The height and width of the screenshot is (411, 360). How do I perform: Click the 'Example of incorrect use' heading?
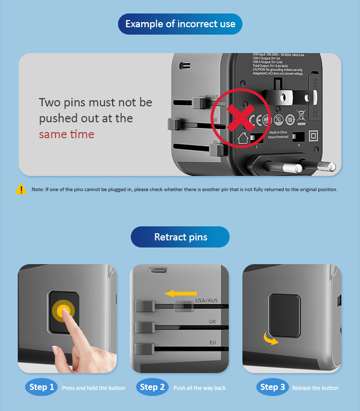point(180,24)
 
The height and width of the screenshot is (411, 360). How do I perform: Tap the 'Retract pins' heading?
point(180,237)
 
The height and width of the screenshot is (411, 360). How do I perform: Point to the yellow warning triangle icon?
point(21,189)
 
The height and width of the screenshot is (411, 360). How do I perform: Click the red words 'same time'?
point(67,134)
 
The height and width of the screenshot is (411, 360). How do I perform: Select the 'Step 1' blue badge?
point(42,387)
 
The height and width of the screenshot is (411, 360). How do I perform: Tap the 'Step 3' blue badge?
point(272,387)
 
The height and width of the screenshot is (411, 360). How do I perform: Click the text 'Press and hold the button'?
point(93,388)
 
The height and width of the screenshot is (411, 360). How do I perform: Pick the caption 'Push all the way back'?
point(200,388)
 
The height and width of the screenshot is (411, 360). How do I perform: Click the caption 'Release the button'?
point(315,388)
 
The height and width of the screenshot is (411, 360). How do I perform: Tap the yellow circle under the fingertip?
point(63,310)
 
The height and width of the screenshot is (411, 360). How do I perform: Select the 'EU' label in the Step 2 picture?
point(212,342)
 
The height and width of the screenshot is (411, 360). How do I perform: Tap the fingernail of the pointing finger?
point(56,351)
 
